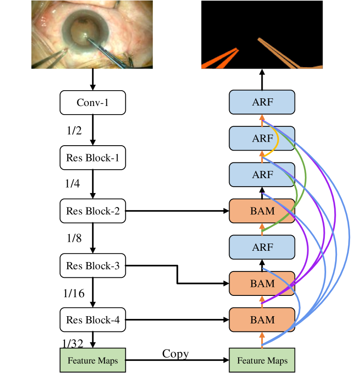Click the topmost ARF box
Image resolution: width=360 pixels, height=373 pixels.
262,102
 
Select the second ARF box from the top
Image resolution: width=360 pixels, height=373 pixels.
262,138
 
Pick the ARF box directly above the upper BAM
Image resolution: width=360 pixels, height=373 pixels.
262,175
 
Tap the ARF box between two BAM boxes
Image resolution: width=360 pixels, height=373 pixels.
262,247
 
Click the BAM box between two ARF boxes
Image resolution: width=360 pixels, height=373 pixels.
262,211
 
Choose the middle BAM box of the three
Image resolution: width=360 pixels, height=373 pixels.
262,284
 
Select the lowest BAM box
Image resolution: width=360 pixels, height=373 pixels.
262,320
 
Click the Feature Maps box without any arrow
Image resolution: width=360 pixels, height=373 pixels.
92,360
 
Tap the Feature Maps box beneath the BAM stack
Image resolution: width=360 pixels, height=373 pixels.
262,360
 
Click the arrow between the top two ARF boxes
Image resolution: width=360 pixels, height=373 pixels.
262,120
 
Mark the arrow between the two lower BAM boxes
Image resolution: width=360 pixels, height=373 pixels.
262,302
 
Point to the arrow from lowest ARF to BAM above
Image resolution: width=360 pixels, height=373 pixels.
262,229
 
